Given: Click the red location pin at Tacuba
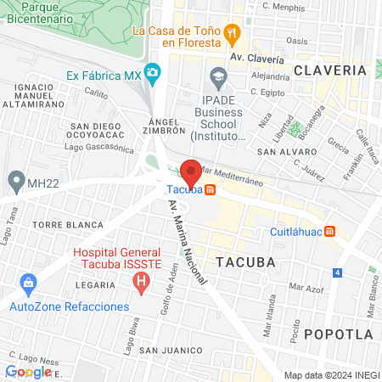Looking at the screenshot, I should click(x=191, y=173).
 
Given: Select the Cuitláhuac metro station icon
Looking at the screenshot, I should click(x=332, y=231).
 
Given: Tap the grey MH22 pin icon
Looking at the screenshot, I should click(x=15, y=180).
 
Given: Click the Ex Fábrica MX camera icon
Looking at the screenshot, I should click(x=153, y=74).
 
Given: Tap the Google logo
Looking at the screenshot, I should click(x=28, y=371).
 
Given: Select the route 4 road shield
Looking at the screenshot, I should click(x=337, y=272).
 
